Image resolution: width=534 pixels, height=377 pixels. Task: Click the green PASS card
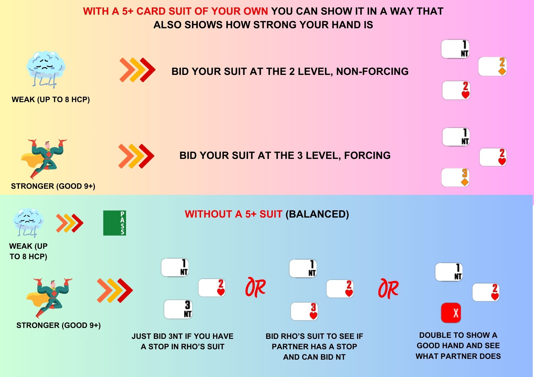pos(115,223)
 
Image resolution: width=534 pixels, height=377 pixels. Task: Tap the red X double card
pos(451,312)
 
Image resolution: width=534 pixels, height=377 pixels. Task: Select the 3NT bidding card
pos(178,309)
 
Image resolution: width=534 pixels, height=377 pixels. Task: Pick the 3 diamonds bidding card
pos(455,177)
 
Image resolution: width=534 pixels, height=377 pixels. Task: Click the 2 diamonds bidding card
pos(492,66)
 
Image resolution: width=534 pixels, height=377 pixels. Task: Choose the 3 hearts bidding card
pos(304,311)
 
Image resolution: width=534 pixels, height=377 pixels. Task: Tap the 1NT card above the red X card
pos(449,272)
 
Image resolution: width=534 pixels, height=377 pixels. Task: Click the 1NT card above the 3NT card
pos(175,267)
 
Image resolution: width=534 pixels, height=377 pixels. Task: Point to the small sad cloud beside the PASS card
pos(28,223)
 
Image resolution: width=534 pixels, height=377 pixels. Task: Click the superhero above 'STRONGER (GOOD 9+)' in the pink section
pos(44,159)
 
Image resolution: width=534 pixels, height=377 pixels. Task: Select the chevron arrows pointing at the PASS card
pos(70,223)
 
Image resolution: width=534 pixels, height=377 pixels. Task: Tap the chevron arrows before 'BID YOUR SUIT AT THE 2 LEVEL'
pos(137,70)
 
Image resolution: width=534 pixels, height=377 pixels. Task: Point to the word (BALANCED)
pos(317,214)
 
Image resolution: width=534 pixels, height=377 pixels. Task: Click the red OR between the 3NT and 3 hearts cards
pos(256,287)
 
